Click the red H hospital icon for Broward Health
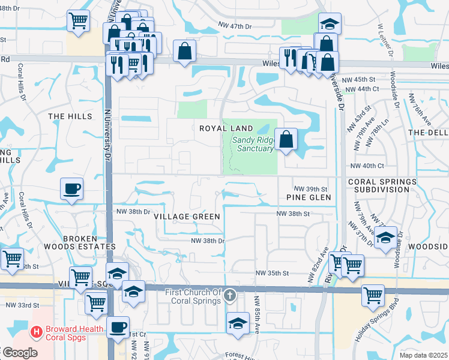pyautogui.click(x=37, y=331)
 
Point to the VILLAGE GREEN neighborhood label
pyautogui.click(x=187, y=216)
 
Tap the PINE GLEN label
pyautogui.click(x=309, y=197)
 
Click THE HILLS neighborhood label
pyautogui.click(x=70, y=116)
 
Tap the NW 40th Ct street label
pyautogui.click(x=366, y=166)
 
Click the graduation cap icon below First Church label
pyautogui.click(x=238, y=323)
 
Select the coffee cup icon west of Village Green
pyautogui.click(x=71, y=189)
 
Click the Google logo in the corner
pyautogui.click(x=20, y=353)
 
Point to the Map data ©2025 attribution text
pyautogui.click(x=423, y=355)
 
